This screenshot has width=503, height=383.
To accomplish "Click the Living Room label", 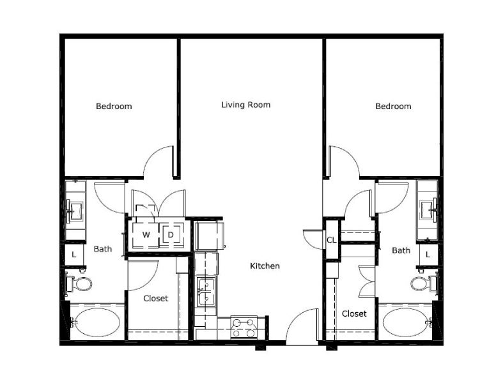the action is [245, 105].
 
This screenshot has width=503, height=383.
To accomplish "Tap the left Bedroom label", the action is [114, 106].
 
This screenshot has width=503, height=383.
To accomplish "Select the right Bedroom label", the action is [393, 106].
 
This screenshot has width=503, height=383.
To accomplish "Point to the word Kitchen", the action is [265, 266].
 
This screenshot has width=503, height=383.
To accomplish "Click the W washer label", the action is [146, 235].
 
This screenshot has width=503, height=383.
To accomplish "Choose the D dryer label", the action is [171, 235].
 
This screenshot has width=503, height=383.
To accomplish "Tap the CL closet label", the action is [331, 240].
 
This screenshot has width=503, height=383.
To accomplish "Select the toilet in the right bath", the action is [424, 283].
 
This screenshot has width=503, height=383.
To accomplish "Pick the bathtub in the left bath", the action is [95, 322].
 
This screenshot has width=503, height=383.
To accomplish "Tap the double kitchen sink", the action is [206, 292].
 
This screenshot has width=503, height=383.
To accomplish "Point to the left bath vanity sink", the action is [75, 211].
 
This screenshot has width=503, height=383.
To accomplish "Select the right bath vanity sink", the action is [428, 210].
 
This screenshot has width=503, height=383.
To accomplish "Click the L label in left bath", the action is [74, 255].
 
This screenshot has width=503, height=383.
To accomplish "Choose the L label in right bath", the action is [428, 255].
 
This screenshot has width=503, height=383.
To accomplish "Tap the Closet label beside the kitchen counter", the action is [155, 298].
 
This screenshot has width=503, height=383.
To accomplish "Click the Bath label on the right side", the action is [401, 250].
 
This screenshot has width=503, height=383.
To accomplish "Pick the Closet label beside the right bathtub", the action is [354, 313].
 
